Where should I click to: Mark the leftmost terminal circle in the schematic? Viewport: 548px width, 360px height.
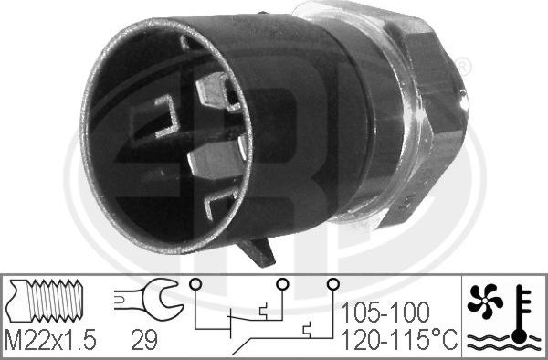point(194,283)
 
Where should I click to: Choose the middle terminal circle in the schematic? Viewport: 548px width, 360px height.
point(282,283)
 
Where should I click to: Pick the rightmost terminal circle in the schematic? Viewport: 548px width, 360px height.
point(332,283)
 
